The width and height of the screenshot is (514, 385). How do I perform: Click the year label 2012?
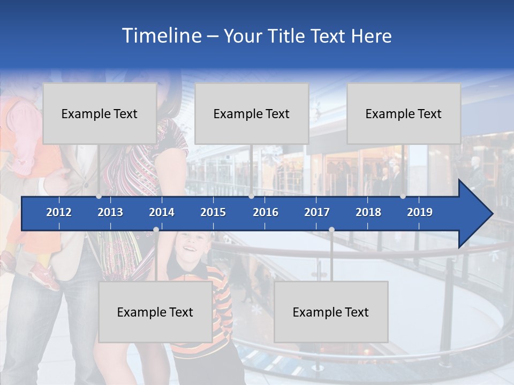[x=59, y=212]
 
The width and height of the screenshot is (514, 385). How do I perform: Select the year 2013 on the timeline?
[x=110, y=212]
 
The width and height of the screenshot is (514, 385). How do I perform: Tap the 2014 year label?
[x=162, y=212]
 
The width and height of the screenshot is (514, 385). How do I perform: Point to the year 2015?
[x=213, y=212]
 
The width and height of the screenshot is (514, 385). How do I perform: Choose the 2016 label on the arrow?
[x=266, y=212]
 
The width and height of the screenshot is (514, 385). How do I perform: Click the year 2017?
[x=317, y=212]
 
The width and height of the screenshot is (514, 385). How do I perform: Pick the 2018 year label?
[x=368, y=212]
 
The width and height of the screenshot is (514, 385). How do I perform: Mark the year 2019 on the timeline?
[x=420, y=212]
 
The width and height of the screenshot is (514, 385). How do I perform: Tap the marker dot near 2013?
[x=99, y=196]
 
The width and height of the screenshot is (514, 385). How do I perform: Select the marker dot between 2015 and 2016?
[x=251, y=196]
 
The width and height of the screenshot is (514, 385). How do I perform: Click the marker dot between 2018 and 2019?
[x=403, y=196]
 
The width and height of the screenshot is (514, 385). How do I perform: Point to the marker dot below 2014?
[x=156, y=230]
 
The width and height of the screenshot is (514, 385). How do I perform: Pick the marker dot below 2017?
[x=331, y=230]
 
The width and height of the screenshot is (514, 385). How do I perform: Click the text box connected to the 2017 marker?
[x=331, y=312]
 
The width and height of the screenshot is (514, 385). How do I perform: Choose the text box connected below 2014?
[x=155, y=312]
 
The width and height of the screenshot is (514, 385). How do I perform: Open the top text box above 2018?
[x=404, y=113]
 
